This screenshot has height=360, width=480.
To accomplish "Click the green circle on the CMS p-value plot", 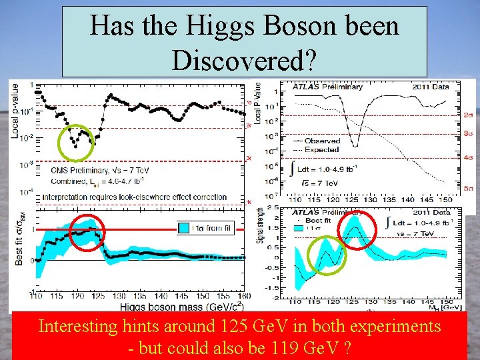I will click(x=78, y=143).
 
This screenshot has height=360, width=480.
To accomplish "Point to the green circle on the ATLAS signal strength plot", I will click(x=327, y=255).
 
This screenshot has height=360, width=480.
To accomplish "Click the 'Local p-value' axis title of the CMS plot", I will click(x=15, y=110).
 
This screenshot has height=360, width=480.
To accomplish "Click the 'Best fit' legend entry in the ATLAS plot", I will click(x=315, y=219).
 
